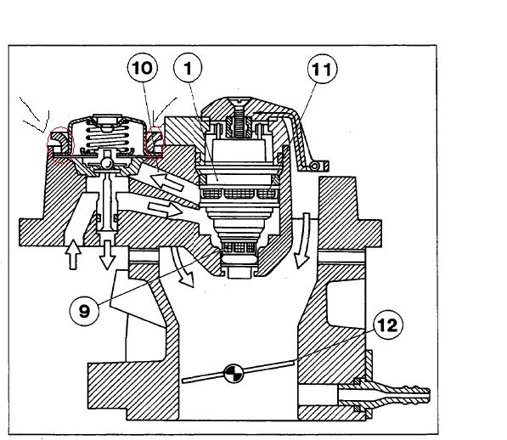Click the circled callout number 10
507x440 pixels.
point(143,68)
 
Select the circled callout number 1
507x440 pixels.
point(188,68)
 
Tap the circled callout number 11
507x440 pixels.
point(322,69)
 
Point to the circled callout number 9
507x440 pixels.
point(84,311)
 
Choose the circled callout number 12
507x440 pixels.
point(388,324)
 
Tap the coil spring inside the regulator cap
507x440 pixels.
point(107,137)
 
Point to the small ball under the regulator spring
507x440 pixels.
point(107,163)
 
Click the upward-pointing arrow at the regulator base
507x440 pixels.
point(73,254)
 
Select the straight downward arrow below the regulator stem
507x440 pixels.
point(107,255)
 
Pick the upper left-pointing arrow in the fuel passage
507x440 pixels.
point(167,182)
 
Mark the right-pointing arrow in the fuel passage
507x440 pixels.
point(165,210)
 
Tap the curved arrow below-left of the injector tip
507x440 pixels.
point(183,267)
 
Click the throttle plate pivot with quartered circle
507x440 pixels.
point(234,374)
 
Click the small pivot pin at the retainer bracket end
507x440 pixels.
point(314,166)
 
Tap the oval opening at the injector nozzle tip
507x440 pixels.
point(239,259)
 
